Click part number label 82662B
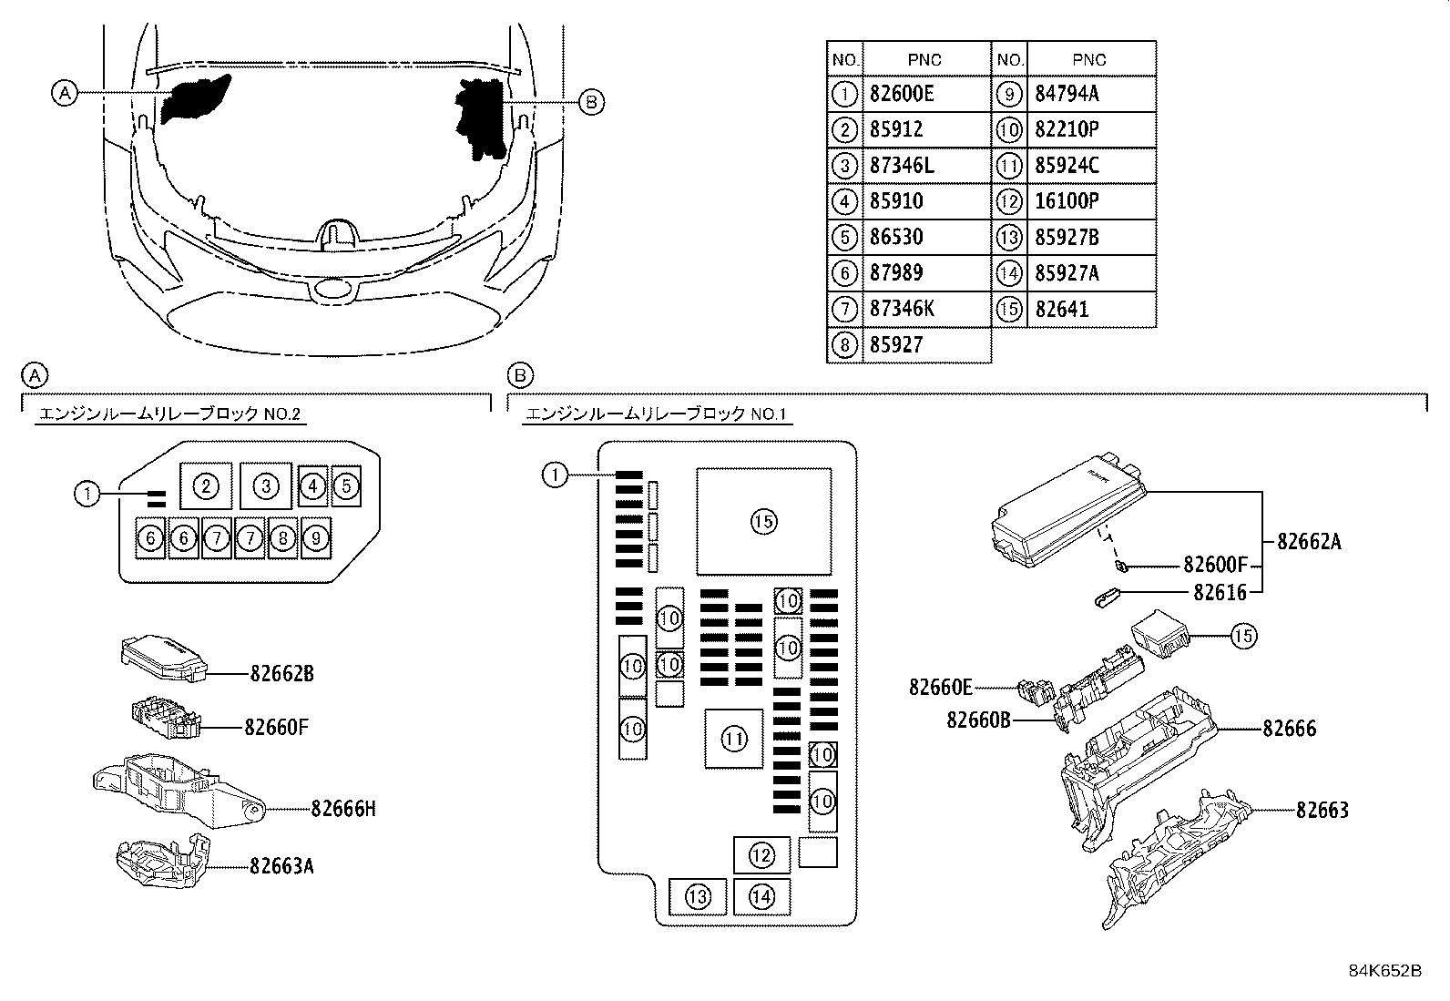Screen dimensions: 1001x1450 [x=282, y=674]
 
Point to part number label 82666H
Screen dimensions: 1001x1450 [x=343, y=809]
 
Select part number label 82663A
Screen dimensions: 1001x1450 [x=282, y=866]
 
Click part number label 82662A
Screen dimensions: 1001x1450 [x=1309, y=542]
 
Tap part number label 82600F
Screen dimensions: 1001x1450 [x=1216, y=566]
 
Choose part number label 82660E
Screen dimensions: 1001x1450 [x=940, y=687]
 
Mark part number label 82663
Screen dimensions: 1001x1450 [x=1322, y=810]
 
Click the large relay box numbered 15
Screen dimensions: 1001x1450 [x=763, y=522]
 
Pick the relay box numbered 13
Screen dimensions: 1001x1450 [x=698, y=898]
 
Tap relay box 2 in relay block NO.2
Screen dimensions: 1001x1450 [x=206, y=486]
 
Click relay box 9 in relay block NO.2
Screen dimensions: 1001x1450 [x=315, y=538]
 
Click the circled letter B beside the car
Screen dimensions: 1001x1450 [x=591, y=102]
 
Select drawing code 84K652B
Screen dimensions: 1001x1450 [x=1384, y=971]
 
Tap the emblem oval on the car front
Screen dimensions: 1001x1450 [x=333, y=290]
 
